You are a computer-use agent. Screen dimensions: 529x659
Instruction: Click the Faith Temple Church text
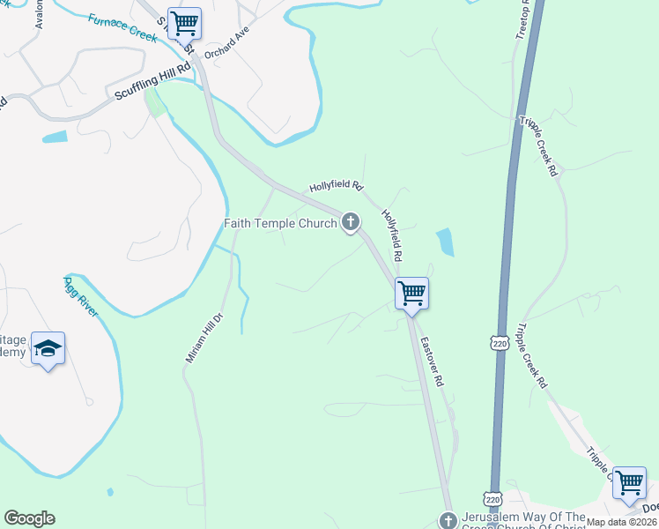(x=280, y=224)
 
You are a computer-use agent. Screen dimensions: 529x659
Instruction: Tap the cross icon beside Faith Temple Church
(x=351, y=221)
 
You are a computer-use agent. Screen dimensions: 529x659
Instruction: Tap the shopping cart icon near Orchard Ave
(x=184, y=22)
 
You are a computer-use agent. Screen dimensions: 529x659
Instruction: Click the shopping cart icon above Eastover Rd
(x=411, y=294)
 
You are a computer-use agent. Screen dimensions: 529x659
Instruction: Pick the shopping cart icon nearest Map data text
(x=629, y=482)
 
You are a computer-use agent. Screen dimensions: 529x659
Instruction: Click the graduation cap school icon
(x=48, y=348)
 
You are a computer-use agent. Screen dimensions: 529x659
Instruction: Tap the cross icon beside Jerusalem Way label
(x=448, y=519)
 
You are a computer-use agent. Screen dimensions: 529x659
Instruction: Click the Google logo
(x=29, y=518)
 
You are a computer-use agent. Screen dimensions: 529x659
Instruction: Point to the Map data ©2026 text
(x=622, y=522)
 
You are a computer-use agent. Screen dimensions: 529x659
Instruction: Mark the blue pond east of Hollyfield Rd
(x=445, y=242)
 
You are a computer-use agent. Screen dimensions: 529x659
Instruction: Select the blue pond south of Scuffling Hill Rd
(x=55, y=137)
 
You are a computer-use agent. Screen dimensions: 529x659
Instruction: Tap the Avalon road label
(x=39, y=13)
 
